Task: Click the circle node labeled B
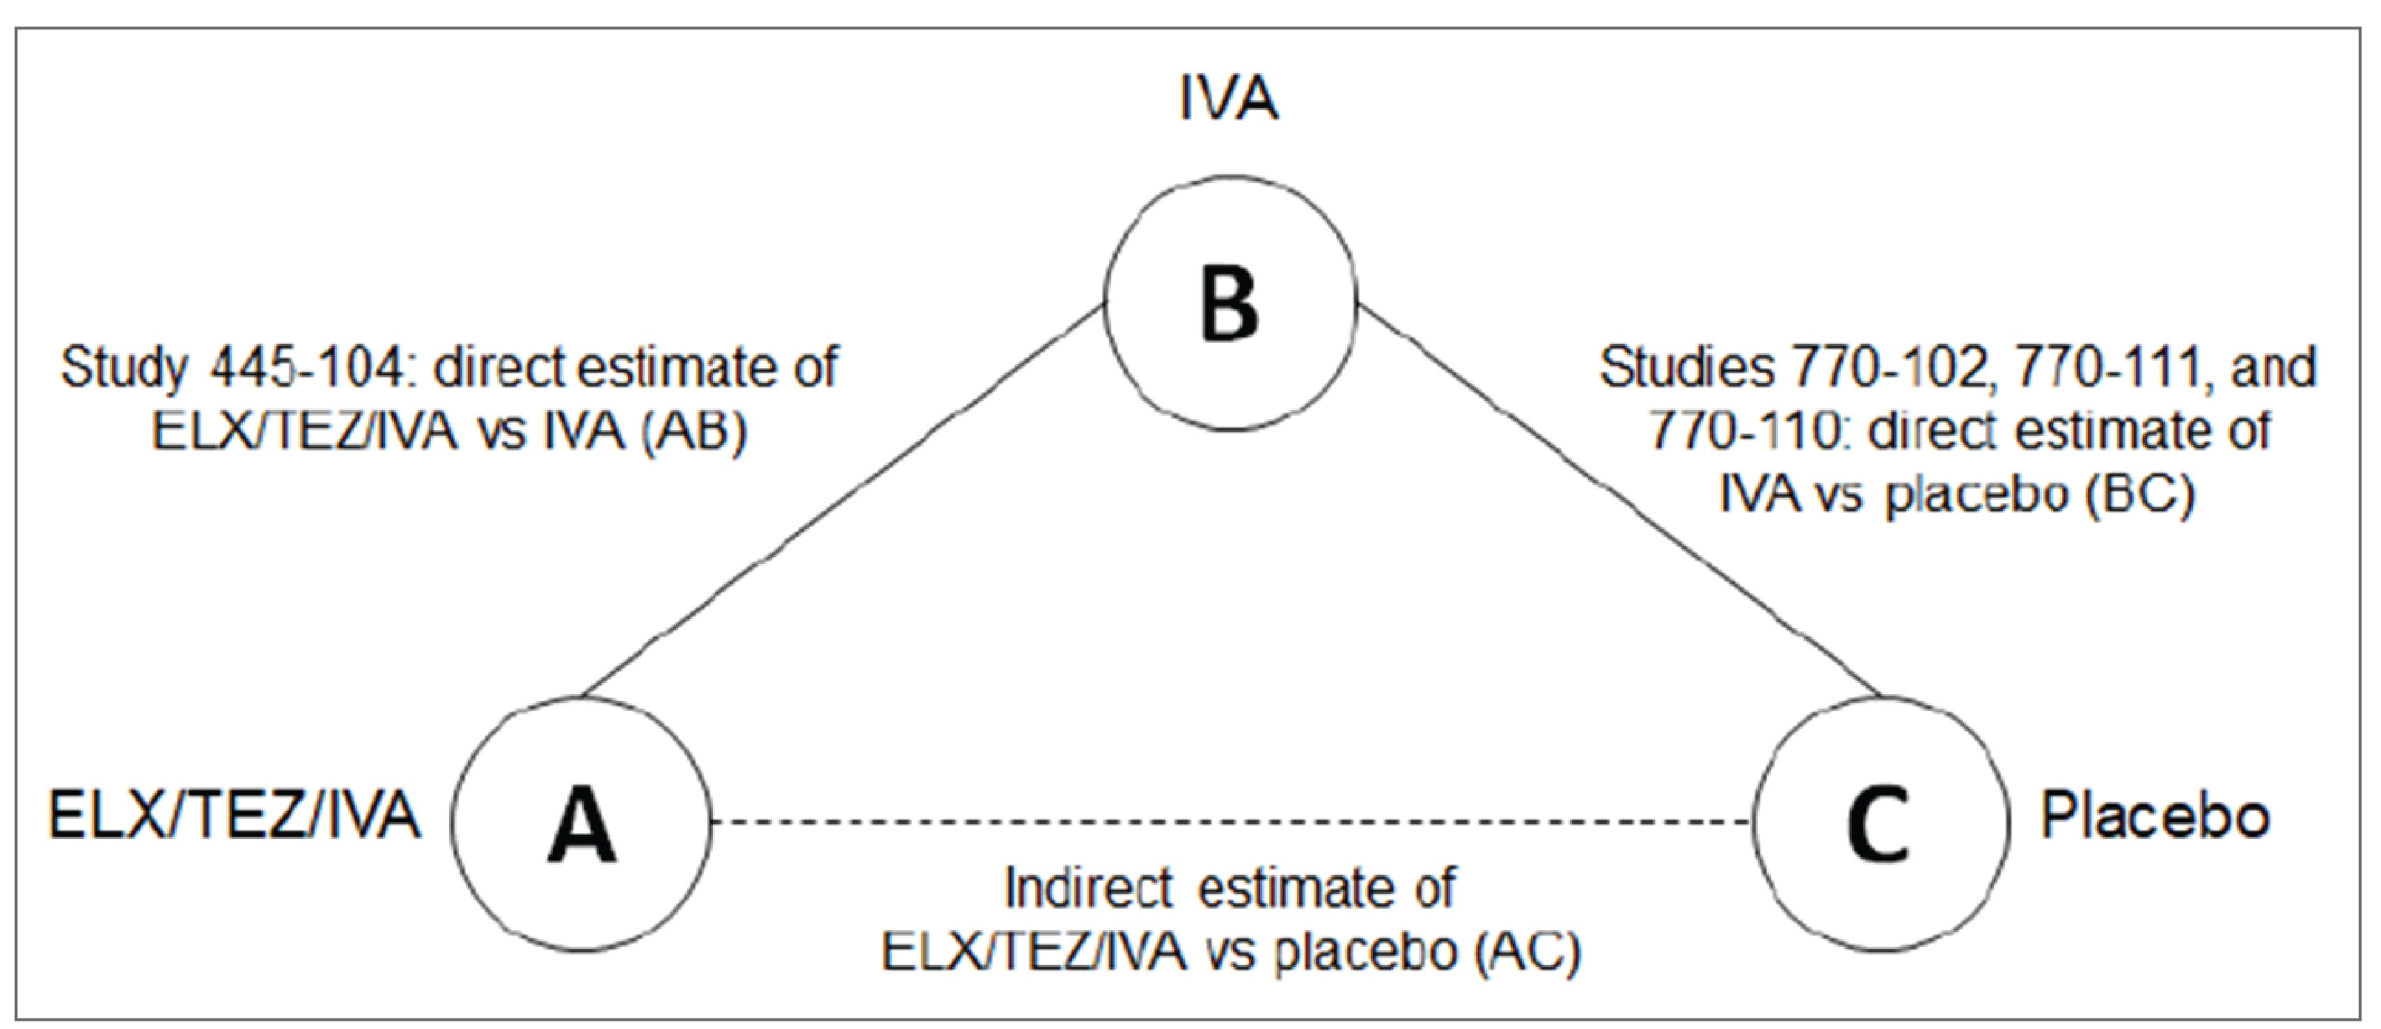pos(1230,304)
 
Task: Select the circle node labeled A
pos(581,823)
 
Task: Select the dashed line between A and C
pos(1229,821)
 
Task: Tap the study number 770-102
pos(1889,368)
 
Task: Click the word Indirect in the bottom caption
pos(1088,888)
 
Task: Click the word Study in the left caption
pos(124,368)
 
